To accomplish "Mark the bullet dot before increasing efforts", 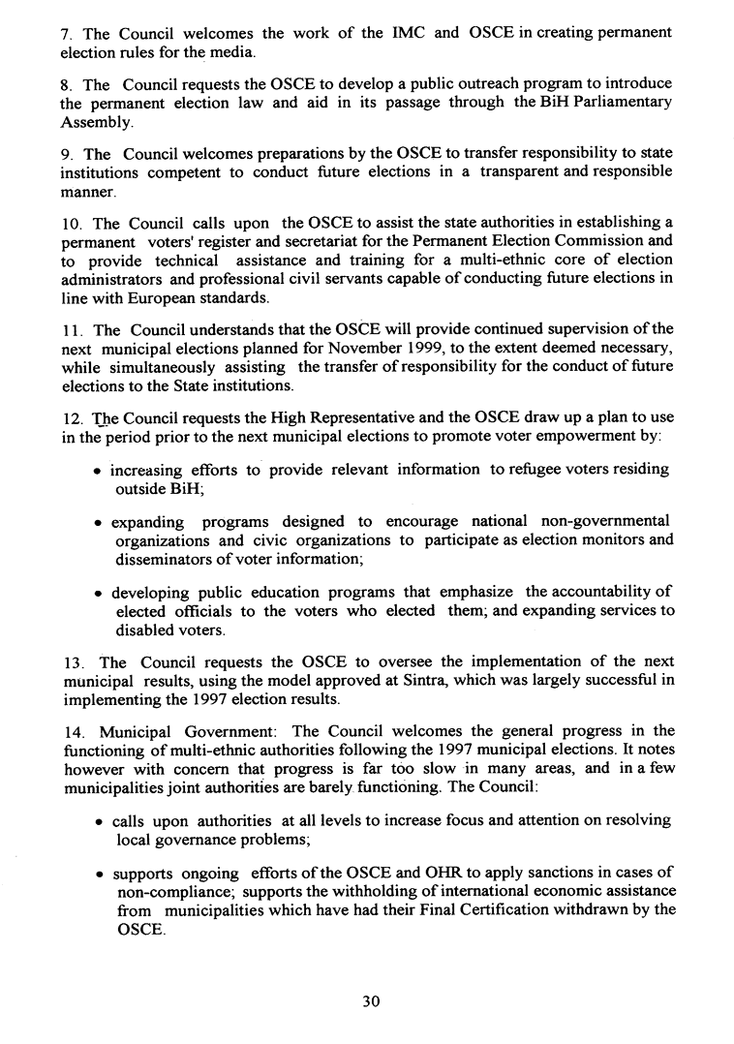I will point(102,472).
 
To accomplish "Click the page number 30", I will point(367,1002).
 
